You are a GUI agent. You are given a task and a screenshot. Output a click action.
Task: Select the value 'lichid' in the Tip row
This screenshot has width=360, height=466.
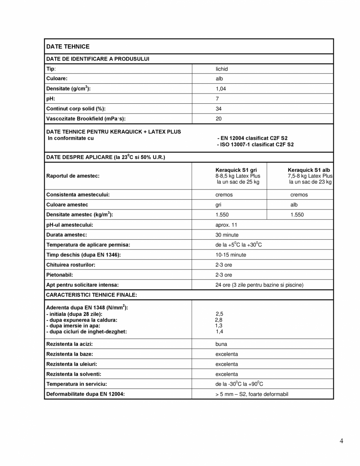tap(221, 69)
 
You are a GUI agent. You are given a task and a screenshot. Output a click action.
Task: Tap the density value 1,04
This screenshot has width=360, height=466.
tap(221, 89)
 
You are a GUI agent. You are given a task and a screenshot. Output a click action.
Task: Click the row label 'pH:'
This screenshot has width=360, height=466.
tap(51, 99)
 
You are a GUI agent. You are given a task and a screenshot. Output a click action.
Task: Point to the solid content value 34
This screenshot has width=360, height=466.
tap(219, 109)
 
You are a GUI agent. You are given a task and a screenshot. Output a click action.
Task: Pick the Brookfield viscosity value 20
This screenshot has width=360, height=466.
tap(219, 119)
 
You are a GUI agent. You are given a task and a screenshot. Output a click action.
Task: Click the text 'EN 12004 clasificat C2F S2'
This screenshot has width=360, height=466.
tap(253, 138)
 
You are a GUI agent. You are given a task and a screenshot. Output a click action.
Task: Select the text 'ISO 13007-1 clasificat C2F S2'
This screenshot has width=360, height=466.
tap(257, 144)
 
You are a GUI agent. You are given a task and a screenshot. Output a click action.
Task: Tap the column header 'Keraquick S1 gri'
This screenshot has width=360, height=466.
tap(236, 170)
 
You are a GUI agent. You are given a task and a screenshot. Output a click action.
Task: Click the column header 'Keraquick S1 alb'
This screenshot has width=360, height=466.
tap(309, 170)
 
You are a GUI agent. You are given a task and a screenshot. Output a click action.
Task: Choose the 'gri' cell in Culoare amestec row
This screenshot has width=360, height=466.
tap(219, 205)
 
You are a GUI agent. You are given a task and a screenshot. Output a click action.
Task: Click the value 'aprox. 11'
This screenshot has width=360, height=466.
tap(226, 225)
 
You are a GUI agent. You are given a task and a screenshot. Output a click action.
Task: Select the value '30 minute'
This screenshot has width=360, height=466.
tap(227, 235)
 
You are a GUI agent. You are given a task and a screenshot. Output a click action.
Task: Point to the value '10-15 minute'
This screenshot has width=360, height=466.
tap(231, 255)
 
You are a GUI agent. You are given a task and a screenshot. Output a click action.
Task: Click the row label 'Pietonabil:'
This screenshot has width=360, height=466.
tap(60, 275)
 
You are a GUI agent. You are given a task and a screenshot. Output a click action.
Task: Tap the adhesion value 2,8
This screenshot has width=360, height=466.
tap(219, 320)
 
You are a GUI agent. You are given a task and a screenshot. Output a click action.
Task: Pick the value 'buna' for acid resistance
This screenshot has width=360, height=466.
tap(221, 344)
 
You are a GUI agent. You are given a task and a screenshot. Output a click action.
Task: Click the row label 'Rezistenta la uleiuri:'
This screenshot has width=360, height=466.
tap(72, 364)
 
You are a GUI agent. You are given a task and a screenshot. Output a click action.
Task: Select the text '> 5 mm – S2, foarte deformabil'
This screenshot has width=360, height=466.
tap(251, 394)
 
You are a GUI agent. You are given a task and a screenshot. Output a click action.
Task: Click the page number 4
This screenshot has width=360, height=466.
tap(342, 441)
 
